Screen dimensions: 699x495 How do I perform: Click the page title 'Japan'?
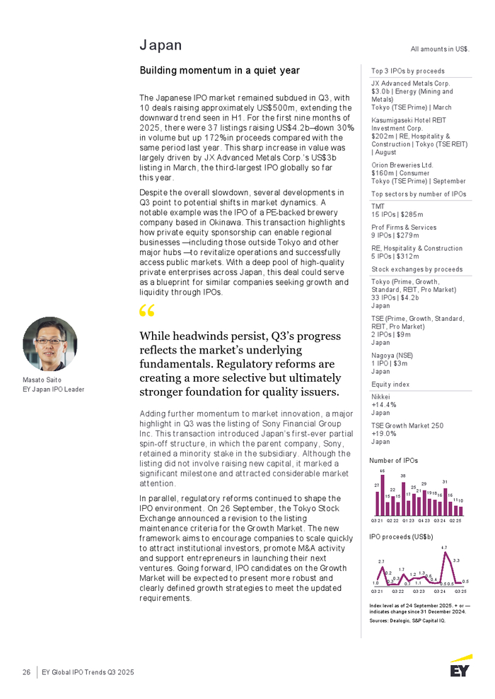click(x=161, y=45)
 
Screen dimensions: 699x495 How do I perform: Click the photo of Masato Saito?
click(x=50, y=344)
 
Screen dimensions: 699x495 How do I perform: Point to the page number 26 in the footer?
click(x=26, y=672)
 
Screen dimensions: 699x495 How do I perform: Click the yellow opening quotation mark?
click(x=147, y=311)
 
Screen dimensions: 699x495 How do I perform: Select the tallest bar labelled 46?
click(x=383, y=494)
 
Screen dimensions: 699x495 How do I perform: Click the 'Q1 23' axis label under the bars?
click(x=408, y=521)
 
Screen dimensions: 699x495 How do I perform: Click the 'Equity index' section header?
click(x=390, y=384)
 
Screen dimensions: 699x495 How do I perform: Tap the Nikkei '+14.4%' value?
click(x=384, y=406)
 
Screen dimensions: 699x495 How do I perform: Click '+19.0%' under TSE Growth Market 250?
click(x=384, y=433)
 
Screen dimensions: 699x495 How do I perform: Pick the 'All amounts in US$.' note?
click(x=441, y=49)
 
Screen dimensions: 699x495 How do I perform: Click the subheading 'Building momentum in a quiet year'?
click(x=220, y=71)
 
